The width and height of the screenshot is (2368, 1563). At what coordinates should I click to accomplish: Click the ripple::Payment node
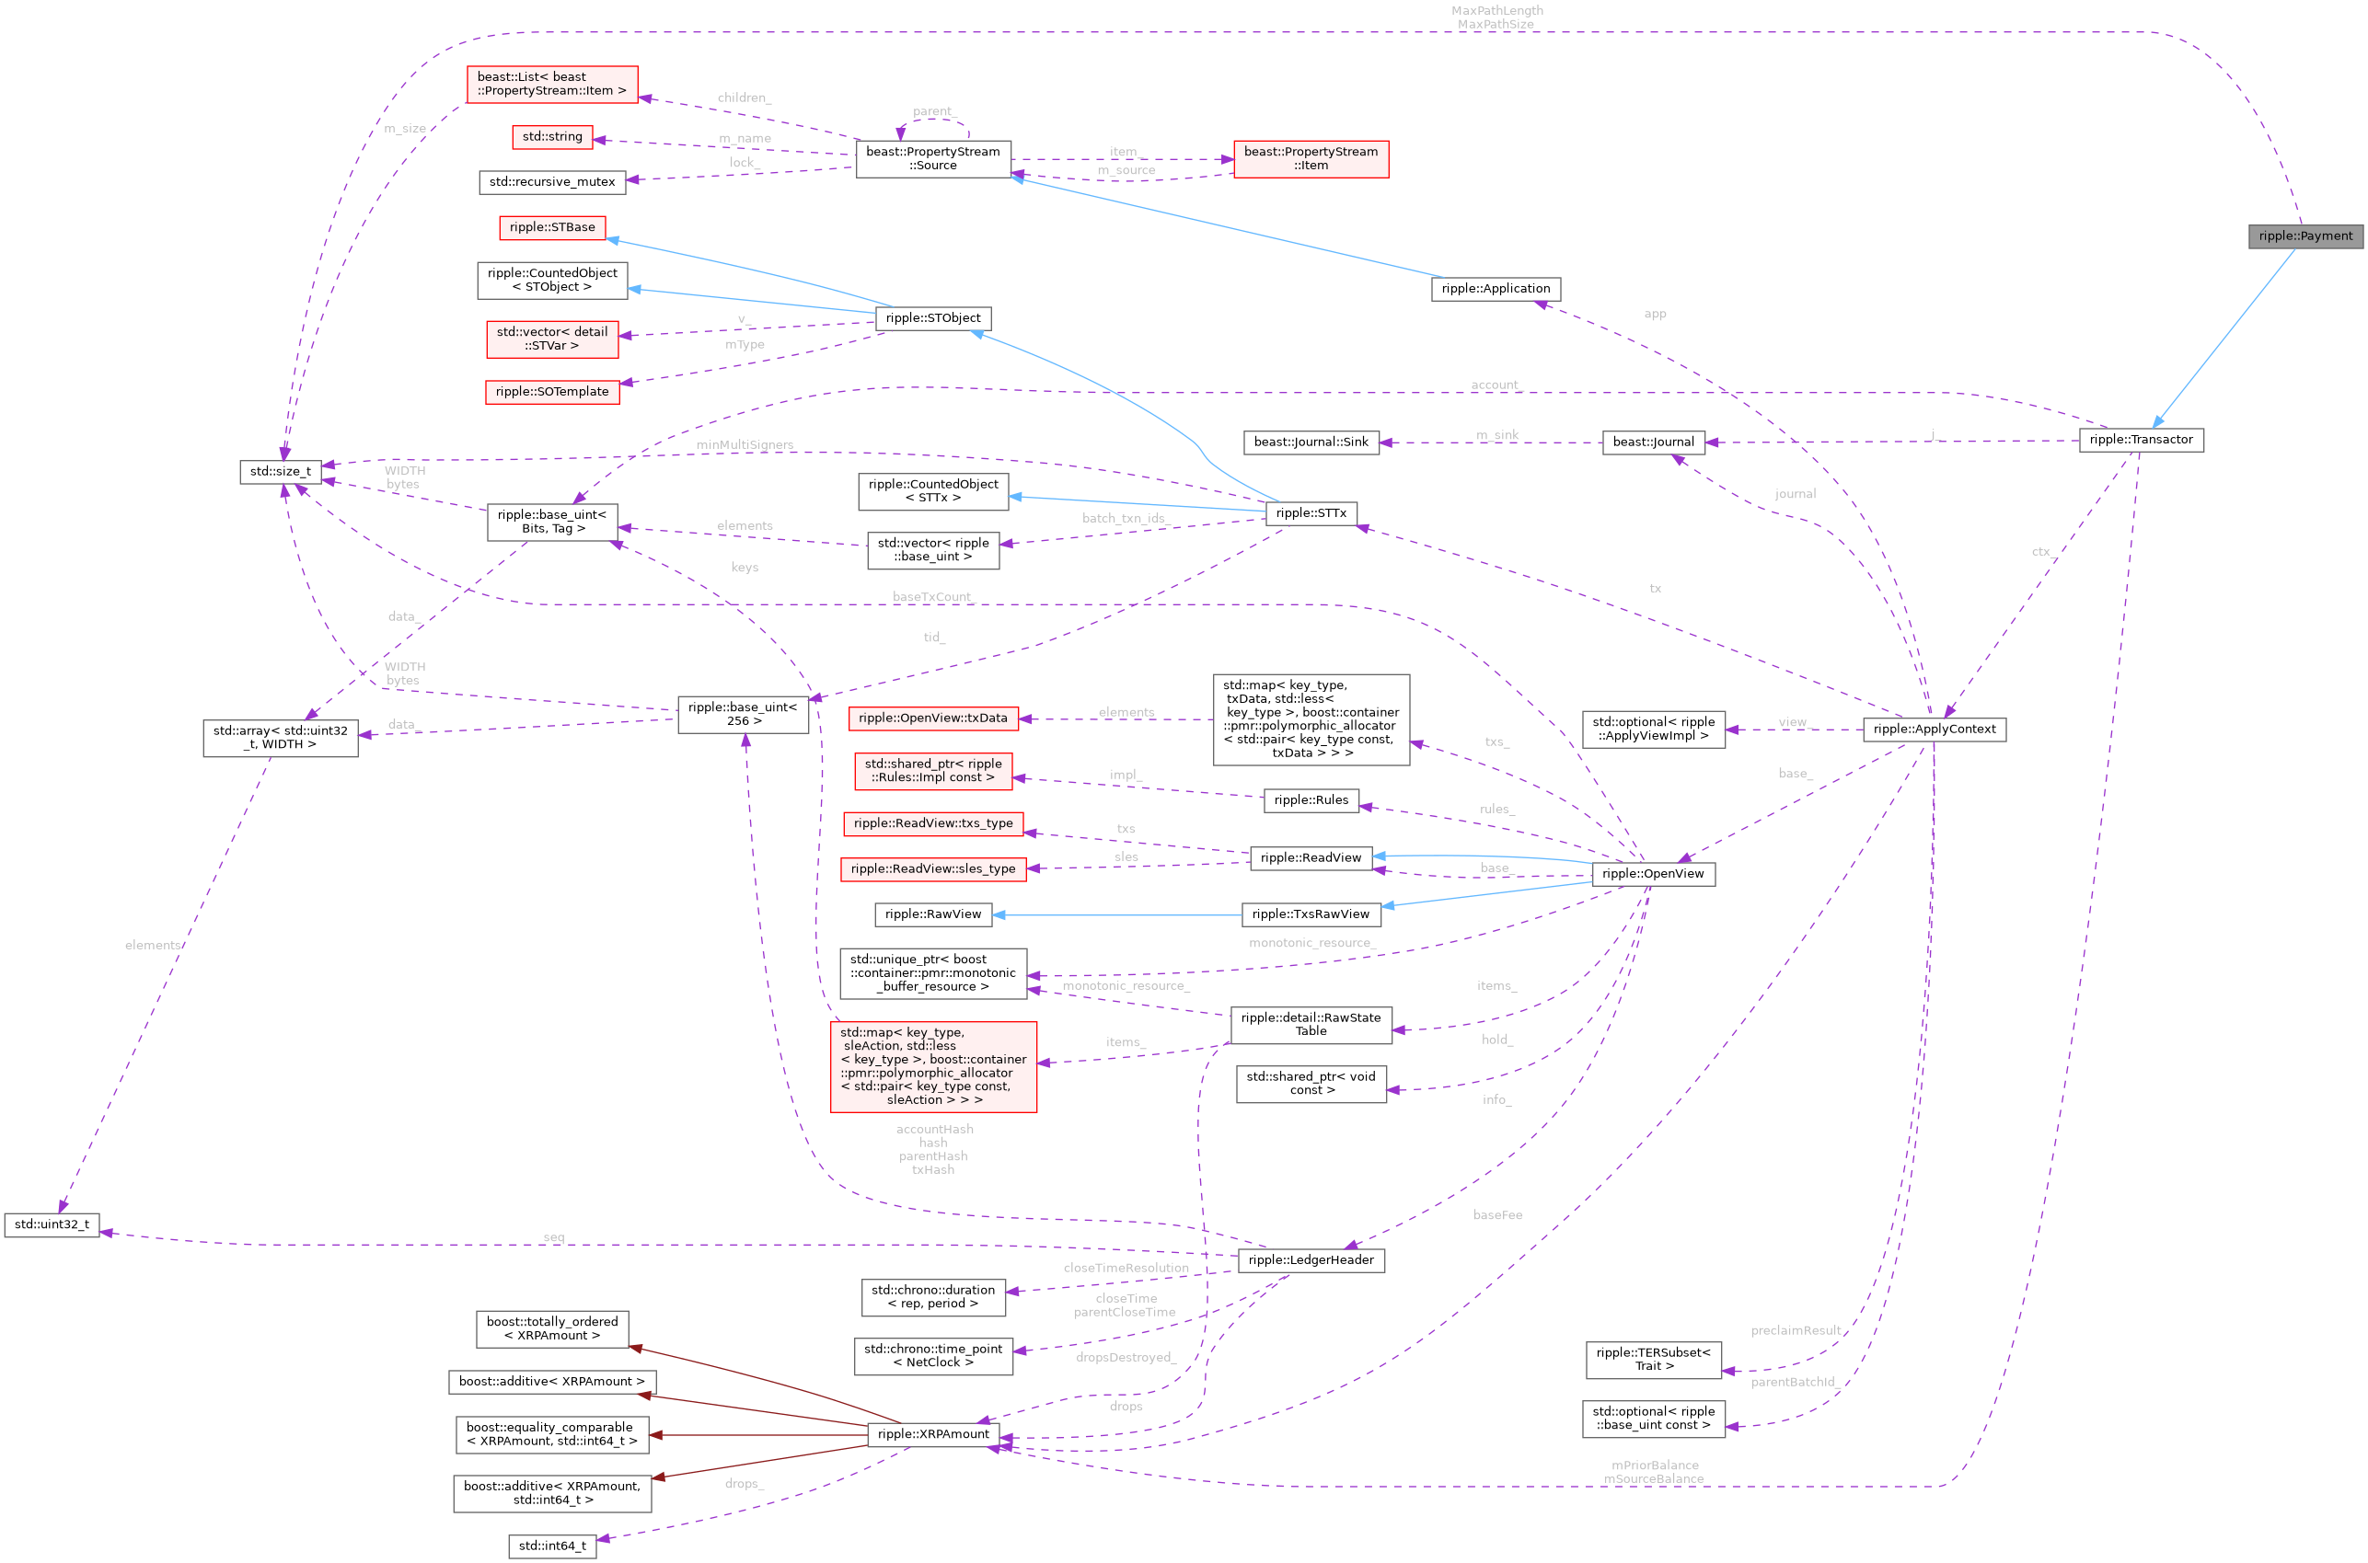tap(2304, 236)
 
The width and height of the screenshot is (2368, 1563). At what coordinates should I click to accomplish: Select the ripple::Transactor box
tap(2140, 440)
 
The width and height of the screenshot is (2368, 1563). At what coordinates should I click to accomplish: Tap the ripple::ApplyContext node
tap(1934, 730)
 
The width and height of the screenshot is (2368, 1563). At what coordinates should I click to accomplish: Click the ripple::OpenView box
tap(1652, 874)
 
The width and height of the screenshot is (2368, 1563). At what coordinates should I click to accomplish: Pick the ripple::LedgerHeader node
tap(1311, 1260)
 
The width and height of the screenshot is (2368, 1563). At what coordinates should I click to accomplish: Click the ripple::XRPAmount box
tap(933, 1434)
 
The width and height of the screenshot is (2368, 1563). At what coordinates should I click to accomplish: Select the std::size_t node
tap(280, 472)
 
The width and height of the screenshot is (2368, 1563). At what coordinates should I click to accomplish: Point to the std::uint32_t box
tap(52, 1224)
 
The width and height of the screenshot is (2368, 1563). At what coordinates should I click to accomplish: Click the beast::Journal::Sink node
tap(1311, 442)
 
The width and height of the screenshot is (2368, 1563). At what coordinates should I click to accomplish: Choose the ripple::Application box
tap(1495, 289)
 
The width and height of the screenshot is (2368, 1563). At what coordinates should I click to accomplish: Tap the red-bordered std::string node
tap(552, 136)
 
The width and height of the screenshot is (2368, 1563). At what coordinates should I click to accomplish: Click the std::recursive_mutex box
tap(551, 182)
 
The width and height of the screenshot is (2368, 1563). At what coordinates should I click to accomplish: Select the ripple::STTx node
tap(1311, 513)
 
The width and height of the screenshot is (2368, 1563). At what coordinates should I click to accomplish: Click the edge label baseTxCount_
tap(931, 597)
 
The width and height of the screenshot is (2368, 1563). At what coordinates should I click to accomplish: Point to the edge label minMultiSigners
tap(745, 444)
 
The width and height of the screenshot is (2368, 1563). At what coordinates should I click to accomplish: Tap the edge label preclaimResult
tap(1795, 1331)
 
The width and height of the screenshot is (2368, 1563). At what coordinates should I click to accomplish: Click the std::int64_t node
tap(551, 1546)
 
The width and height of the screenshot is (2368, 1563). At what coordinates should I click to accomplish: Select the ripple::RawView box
tap(932, 914)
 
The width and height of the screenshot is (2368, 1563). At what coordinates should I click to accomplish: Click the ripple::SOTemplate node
tap(551, 392)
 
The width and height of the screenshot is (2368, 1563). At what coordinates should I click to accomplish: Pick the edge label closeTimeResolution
tap(1126, 1268)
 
